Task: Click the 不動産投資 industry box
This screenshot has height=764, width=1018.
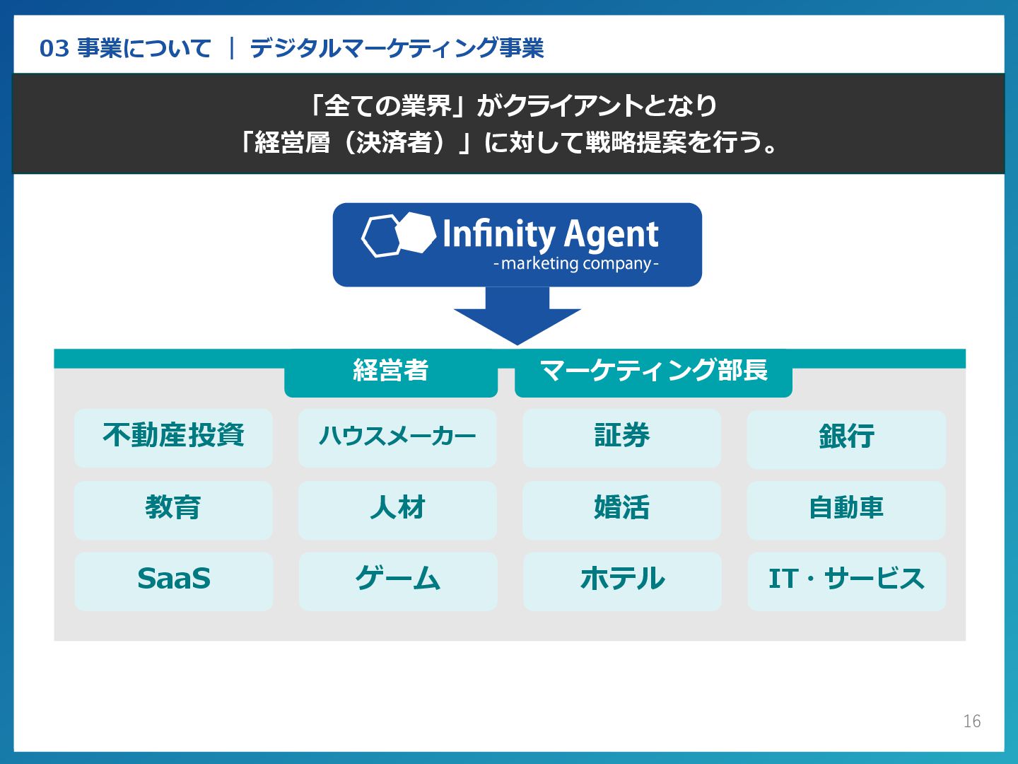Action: (173, 437)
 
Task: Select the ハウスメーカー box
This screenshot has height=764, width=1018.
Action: (397, 437)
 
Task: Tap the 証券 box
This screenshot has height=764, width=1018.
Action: (621, 437)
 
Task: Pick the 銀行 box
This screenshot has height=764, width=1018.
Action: (846, 439)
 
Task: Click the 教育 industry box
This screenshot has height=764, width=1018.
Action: (173, 509)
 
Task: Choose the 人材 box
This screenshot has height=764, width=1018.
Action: (397, 509)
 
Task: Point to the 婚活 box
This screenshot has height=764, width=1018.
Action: (621, 509)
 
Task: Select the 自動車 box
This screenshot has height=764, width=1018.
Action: (846, 509)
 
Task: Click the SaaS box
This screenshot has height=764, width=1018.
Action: (173, 581)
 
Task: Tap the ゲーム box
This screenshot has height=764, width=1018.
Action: (397, 581)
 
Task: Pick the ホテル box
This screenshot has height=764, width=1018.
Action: (622, 581)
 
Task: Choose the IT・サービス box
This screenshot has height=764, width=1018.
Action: (846, 581)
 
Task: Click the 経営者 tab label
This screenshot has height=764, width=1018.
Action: (391, 371)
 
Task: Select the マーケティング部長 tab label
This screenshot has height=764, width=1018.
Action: (653, 371)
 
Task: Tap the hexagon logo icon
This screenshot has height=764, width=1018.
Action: (398, 234)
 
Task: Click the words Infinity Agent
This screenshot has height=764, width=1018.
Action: (550, 234)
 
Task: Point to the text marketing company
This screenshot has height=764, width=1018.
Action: (576, 264)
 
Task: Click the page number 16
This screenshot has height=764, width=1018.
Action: (971, 721)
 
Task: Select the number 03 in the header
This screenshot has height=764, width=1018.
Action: (54, 49)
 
